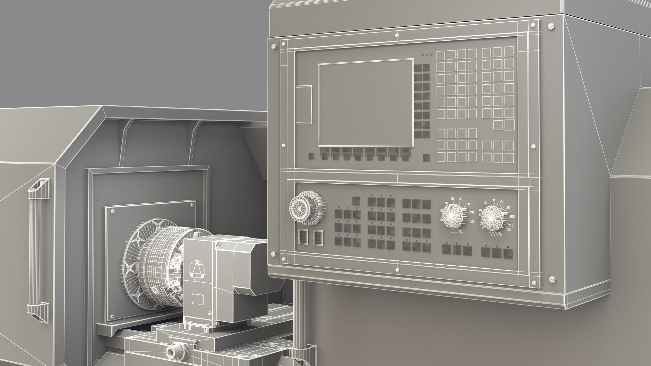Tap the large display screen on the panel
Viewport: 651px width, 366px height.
point(366,103)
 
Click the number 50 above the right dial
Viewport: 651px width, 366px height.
point(493,200)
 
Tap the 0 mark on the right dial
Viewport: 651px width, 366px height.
point(483,228)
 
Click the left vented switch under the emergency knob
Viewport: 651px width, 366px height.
point(302,237)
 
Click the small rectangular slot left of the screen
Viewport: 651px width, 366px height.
point(304,104)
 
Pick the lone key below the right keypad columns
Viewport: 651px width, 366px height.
point(498,125)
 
